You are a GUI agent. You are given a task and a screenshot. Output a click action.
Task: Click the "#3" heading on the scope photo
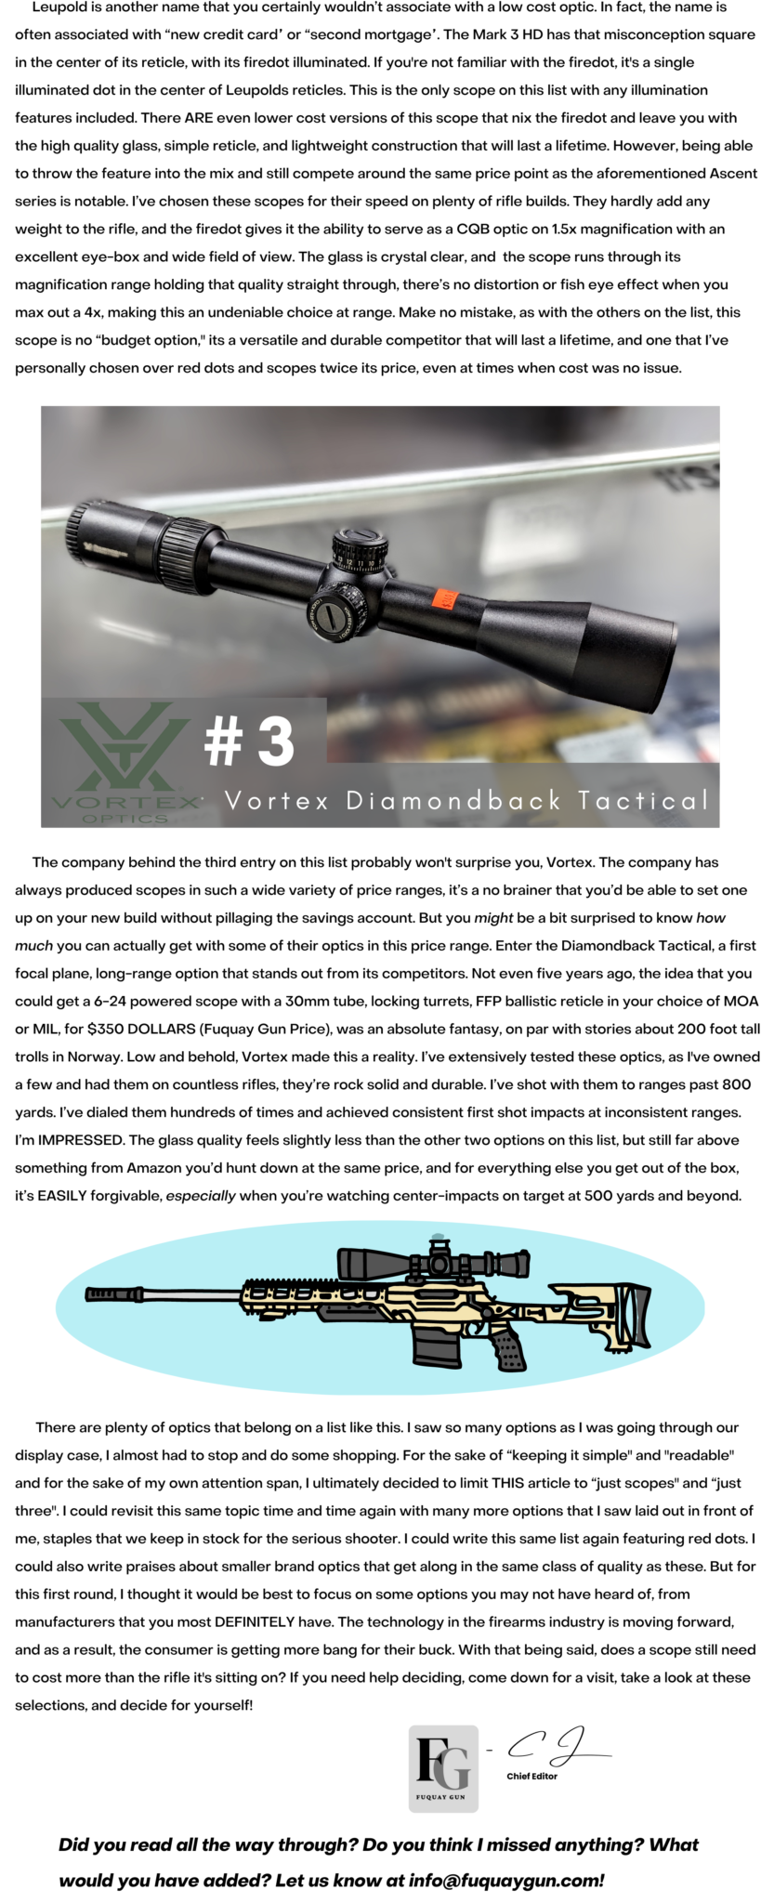click(249, 741)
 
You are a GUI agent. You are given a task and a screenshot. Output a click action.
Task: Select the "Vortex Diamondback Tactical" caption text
click(466, 800)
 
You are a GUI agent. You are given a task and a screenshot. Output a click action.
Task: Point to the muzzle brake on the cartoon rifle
click(104, 1293)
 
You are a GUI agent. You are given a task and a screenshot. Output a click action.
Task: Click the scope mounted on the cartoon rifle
click(432, 1262)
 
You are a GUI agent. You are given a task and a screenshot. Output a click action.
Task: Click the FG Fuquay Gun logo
click(443, 1768)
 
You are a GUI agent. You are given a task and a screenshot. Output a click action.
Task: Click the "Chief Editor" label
click(531, 1776)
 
